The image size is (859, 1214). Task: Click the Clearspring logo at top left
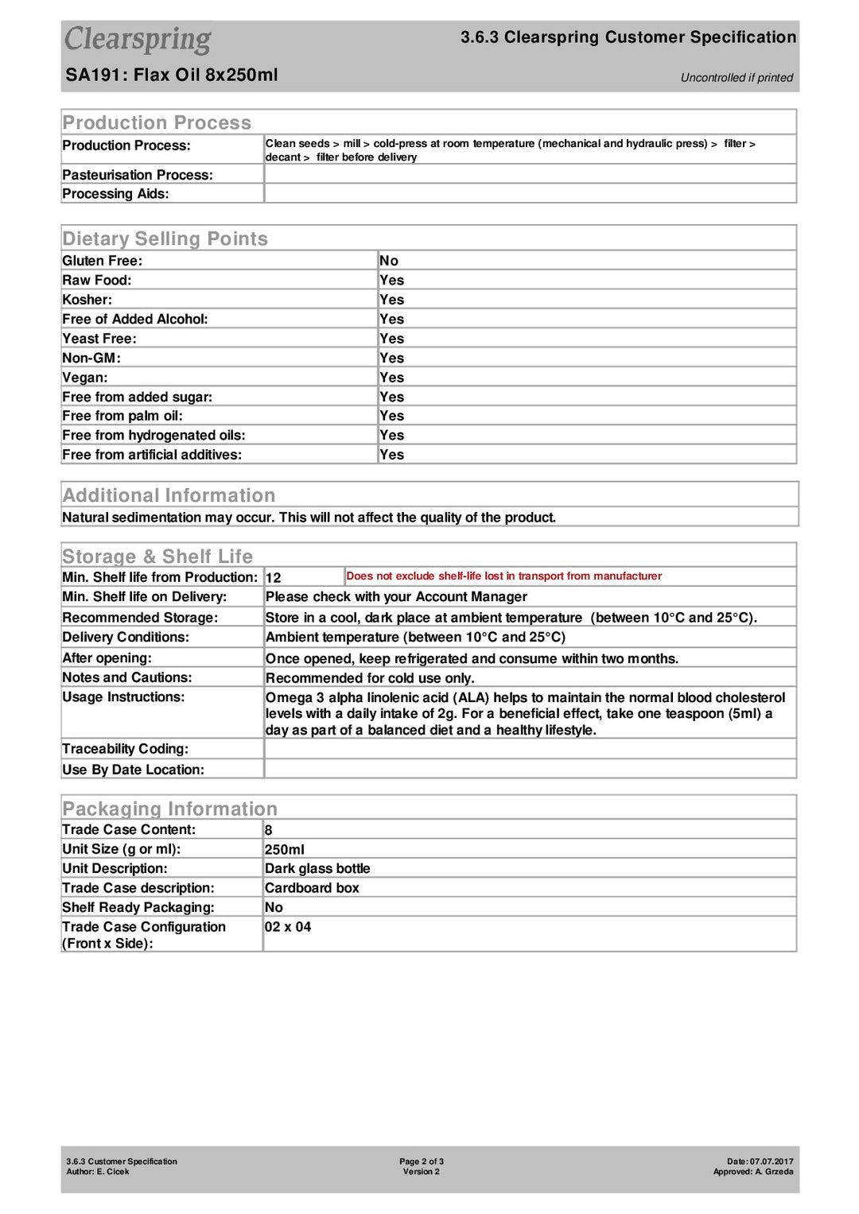click(x=138, y=40)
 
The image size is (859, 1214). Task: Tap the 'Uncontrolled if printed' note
click(x=737, y=77)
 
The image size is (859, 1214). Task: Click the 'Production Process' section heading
click(x=157, y=122)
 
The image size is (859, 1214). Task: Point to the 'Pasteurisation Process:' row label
click(x=138, y=175)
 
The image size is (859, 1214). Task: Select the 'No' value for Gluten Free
click(x=389, y=261)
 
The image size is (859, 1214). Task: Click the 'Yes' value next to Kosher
click(x=391, y=300)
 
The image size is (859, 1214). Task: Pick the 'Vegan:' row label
click(x=85, y=378)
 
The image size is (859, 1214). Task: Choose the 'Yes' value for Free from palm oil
click(x=391, y=416)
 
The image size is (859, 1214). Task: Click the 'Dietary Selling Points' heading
click(x=165, y=239)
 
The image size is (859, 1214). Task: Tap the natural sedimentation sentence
click(x=309, y=518)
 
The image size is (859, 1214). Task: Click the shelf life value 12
click(x=273, y=578)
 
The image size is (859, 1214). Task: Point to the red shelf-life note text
click(x=503, y=576)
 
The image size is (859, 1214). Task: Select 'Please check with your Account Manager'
click(x=396, y=597)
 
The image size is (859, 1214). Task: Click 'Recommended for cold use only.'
click(x=370, y=678)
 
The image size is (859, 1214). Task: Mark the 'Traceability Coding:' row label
click(x=126, y=749)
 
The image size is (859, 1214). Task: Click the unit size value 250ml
click(x=284, y=850)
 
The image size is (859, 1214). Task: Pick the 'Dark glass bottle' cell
click(x=317, y=869)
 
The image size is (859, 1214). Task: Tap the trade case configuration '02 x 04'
click(x=287, y=927)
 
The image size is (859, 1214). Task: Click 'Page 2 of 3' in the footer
click(x=422, y=1162)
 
